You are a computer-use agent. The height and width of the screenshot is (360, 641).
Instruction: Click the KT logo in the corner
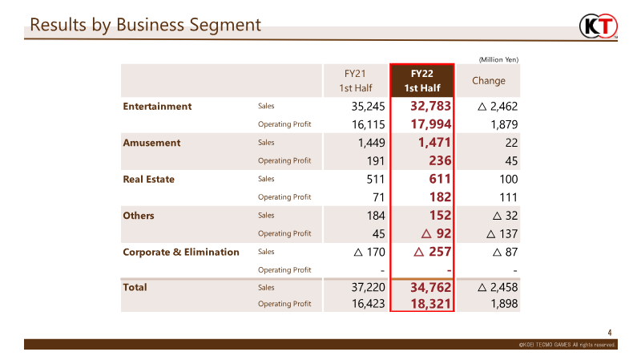click(x=599, y=26)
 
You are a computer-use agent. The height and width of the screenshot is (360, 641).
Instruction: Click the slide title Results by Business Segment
click(x=146, y=25)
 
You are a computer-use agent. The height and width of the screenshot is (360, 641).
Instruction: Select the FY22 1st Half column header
click(x=422, y=81)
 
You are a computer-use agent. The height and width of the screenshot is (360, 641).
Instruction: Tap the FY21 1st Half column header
click(x=355, y=81)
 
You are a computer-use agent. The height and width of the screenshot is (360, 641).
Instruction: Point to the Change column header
click(x=489, y=81)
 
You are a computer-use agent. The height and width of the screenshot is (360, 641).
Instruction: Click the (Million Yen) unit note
click(x=498, y=59)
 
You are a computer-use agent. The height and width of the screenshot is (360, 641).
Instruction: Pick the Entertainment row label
click(x=157, y=107)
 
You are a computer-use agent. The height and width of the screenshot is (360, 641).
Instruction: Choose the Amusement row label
click(x=151, y=143)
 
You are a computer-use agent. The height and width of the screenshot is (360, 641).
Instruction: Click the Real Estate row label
click(x=149, y=179)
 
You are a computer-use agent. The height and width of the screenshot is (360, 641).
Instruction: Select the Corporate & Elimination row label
click(x=181, y=252)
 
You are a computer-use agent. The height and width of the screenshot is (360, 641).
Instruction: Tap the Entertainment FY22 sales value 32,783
click(x=431, y=107)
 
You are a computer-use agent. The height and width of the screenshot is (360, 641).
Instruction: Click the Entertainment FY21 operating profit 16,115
click(x=369, y=124)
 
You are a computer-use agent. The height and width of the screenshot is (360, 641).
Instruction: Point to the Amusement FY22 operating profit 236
click(x=440, y=161)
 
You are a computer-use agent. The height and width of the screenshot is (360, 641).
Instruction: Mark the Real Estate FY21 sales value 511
click(x=376, y=179)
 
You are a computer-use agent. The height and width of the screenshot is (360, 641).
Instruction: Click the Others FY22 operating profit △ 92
click(x=436, y=233)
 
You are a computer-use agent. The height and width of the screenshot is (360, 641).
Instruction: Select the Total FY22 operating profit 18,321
click(x=431, y=304)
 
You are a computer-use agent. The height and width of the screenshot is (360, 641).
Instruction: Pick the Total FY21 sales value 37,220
click(x=369, y=287)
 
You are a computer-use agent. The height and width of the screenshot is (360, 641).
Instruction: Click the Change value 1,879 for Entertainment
click(x=504, y=124)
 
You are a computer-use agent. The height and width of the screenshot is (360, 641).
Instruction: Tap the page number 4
click(x=610, y=333)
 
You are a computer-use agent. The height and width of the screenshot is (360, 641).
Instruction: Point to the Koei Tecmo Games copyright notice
click(x=567, y=345)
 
